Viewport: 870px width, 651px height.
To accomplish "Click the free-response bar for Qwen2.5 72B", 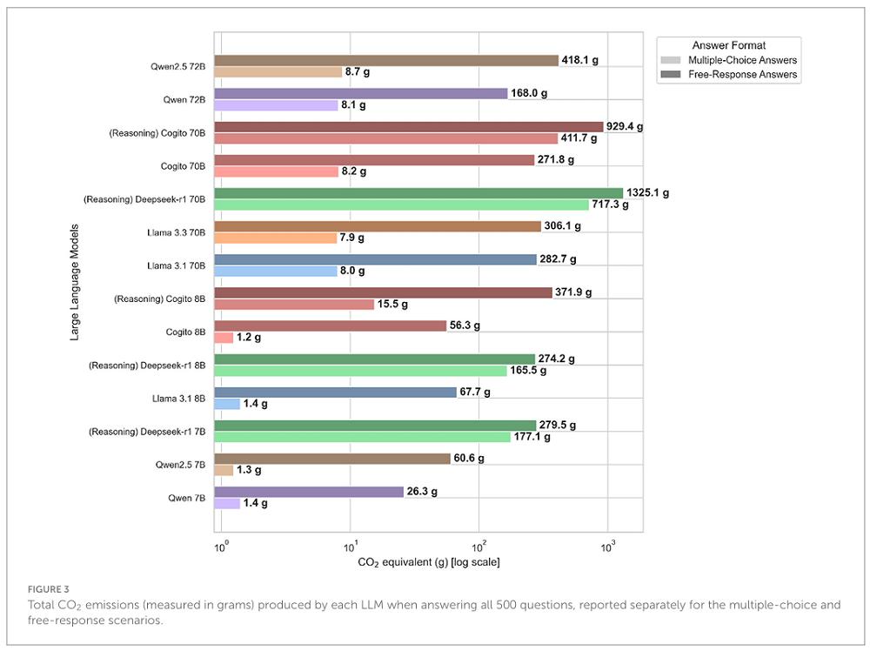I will [386, 60].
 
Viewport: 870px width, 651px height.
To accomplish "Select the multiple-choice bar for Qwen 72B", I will [276, 105].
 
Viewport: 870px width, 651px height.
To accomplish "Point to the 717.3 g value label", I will [612, 205].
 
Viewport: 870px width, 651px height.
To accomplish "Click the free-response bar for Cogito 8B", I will [331, 325].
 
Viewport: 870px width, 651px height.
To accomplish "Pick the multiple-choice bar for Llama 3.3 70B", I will [276, 238].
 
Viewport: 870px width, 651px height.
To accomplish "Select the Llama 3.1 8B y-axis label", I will [176, 398].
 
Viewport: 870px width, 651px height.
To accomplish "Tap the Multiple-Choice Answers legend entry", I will [741, 60].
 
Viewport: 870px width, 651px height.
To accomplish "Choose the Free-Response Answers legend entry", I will [742, 75].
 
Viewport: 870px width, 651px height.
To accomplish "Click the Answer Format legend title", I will [728, 44].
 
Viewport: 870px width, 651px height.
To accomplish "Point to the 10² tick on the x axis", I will [478, 546].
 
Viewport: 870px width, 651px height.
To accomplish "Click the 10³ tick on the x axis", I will [607, 546].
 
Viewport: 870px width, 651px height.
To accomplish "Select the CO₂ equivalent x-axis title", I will [429, 563].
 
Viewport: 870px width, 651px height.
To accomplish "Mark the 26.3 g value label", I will [422, 492].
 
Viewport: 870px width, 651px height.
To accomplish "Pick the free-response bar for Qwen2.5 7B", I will [332, 459].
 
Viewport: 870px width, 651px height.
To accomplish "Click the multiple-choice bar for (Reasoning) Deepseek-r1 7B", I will [362, 437].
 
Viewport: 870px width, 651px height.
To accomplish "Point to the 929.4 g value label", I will [625, 127].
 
